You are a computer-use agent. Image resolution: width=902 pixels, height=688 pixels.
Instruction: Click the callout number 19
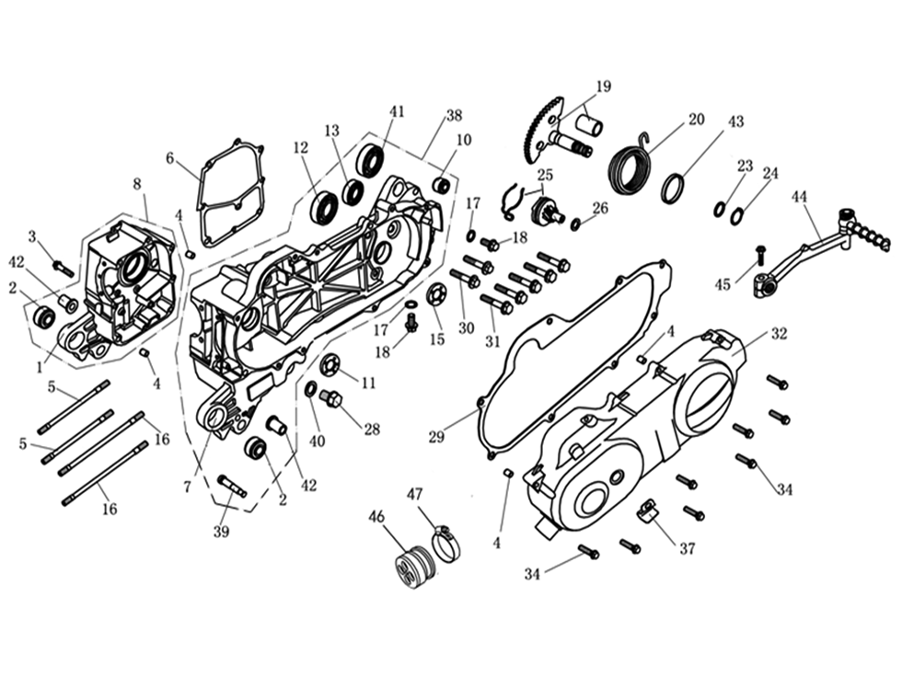(603, 87)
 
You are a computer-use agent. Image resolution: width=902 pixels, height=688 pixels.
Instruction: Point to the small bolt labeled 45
(761, 251)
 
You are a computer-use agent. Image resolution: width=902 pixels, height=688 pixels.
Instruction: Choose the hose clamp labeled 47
(446, 545)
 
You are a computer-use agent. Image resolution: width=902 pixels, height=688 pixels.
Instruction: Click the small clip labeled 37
(649, 509)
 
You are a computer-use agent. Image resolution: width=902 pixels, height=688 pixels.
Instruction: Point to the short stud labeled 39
(232, 485)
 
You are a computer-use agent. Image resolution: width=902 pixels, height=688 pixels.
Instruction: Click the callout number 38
(454, 116)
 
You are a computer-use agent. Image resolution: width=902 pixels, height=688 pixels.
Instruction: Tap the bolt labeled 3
(63, 268)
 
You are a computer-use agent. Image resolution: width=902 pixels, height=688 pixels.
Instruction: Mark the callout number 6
(169, 158)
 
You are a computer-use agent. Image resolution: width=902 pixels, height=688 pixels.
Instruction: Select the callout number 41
(397, 111)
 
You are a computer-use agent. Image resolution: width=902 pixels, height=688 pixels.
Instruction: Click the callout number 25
(545, 175)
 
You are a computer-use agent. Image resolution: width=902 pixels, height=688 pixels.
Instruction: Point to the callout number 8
(137, 184)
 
